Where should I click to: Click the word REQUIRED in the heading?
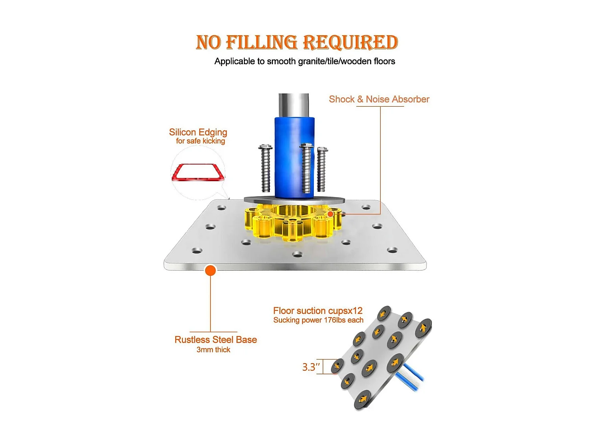350,42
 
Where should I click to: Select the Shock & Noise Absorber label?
379,99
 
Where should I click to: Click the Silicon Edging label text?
198,132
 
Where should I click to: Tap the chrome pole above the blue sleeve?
294,105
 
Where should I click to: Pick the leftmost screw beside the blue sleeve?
265,168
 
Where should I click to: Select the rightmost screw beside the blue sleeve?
322,169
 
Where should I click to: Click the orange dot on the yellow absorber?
330,214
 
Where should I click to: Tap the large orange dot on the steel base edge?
210,270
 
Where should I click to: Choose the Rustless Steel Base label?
215,340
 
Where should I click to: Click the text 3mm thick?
213,350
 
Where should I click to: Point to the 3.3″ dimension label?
311,367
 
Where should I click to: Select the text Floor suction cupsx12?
318,310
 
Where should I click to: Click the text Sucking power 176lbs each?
318,320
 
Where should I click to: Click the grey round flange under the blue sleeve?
294,200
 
